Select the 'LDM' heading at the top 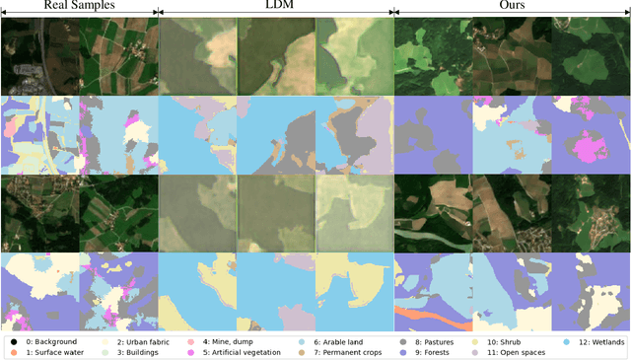[276, 6]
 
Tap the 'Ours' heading [512, 6]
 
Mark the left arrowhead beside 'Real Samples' [4, 13]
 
